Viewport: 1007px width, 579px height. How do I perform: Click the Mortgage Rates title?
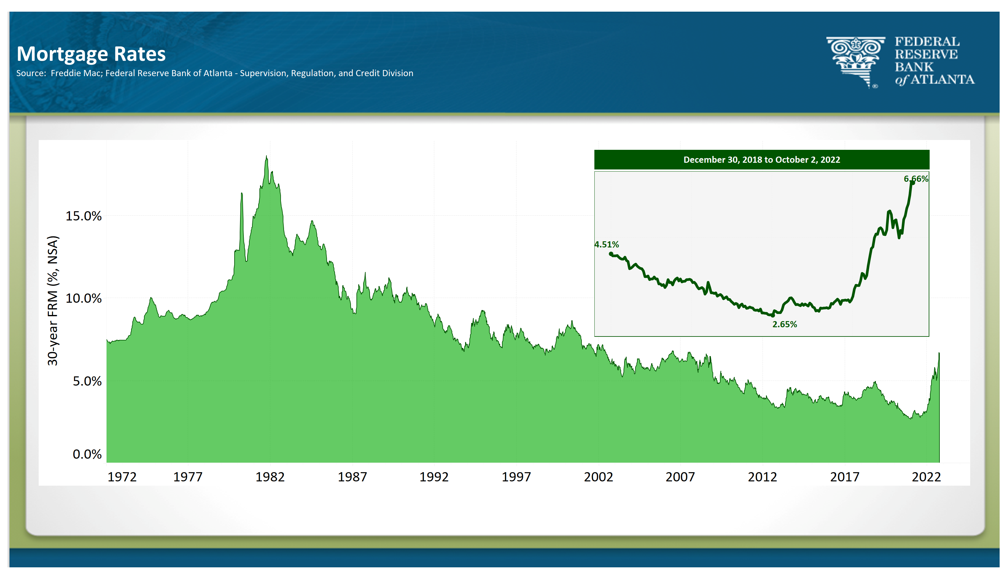click(91, 54)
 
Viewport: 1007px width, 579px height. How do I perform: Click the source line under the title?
click(215, 73)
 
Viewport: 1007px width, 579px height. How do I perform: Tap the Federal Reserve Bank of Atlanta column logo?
click(856, 62)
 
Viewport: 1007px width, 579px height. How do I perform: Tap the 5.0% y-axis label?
click(87, 381)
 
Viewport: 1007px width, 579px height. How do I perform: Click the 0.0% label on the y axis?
click(87, 454)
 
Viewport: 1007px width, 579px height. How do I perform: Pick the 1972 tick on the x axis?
click(122, 477)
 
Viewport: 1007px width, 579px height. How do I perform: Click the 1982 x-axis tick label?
click(270, 477)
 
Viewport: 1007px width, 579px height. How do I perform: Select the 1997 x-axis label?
click(516, 477)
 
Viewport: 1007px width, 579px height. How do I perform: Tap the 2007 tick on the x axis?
click(680, 477)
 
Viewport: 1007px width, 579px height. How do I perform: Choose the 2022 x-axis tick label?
click(926, 477)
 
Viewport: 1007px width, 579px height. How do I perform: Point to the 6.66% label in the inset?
click(916, 179)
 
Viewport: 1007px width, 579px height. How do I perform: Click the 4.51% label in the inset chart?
click(607, 245)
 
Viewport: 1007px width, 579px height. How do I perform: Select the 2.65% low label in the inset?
click(785, 324)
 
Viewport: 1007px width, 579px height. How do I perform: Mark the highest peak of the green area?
click(266, 156)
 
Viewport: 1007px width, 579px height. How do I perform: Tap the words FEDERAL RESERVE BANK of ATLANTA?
click(934, 61)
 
